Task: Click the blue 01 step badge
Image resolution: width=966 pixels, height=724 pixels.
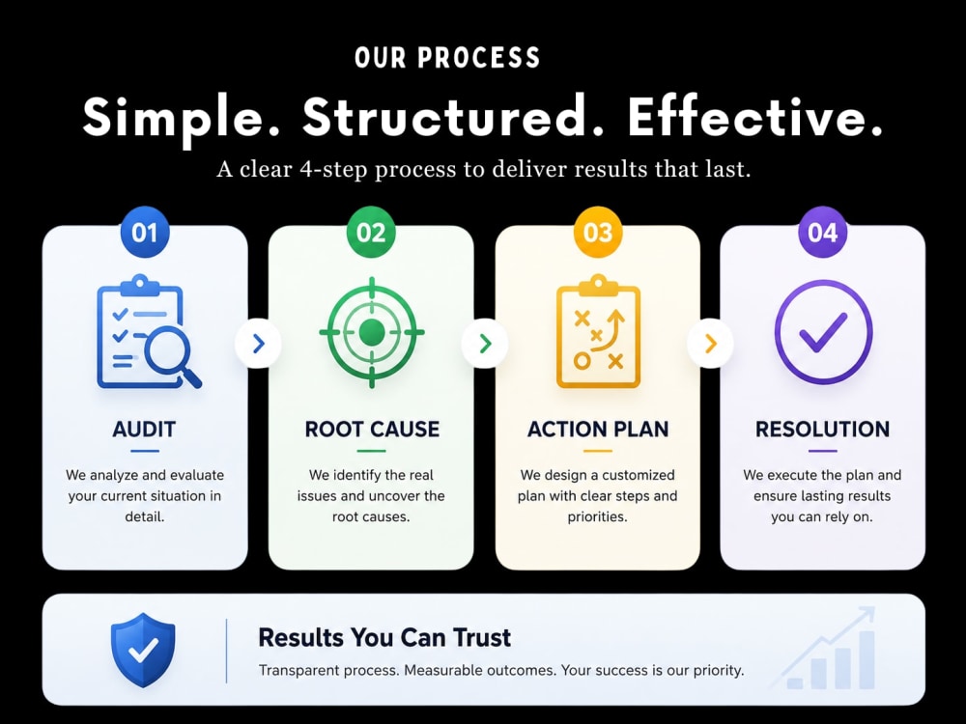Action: pos(145,232)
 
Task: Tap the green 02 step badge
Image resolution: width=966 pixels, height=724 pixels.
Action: pos(371,232)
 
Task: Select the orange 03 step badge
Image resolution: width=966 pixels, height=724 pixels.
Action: pos(598,232)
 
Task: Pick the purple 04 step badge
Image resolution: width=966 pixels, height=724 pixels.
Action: pos(822,232)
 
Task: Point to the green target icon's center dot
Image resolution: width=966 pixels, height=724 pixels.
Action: pos(372,332)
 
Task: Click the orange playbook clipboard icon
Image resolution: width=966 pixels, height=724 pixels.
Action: pos(598,332)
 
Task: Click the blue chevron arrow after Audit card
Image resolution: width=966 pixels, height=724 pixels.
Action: pos(259,344)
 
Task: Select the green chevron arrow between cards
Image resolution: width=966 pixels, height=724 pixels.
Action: pos(485,344)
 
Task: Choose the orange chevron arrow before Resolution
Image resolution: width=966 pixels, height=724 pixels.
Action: pos(710,344)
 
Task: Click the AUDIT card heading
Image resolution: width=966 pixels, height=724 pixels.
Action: pos(144,430)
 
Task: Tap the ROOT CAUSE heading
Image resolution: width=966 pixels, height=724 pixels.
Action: pos(372,430)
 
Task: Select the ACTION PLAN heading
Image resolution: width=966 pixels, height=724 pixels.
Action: pos(598,430)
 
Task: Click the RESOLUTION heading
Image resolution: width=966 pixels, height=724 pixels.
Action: pos(822,430)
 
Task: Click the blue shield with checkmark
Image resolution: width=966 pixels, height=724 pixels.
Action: pos(143,650)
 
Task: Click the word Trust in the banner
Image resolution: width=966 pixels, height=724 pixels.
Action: pos(482,638)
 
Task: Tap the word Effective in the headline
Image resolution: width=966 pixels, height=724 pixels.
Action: pos(755,117)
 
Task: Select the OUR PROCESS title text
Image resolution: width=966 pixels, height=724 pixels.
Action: pos(447,58)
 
